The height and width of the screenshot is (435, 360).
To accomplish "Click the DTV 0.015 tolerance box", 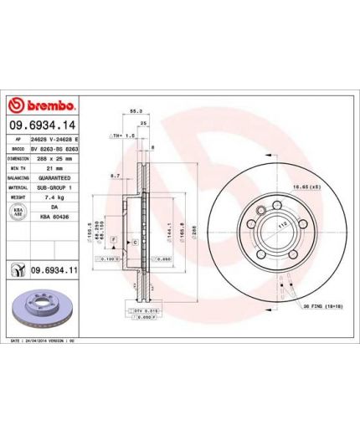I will [x=147, y=311].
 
